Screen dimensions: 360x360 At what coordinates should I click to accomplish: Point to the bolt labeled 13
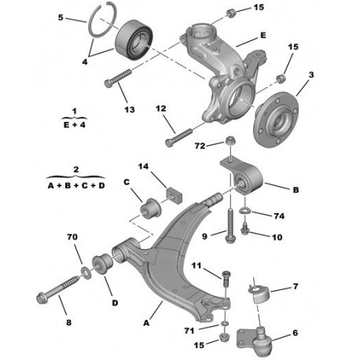coord(117,78)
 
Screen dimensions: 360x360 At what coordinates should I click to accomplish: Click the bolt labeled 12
coord(178,136)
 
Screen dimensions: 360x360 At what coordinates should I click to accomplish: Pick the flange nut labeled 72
coord(230,140)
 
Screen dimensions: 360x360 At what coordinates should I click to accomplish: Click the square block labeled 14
coord(174,195)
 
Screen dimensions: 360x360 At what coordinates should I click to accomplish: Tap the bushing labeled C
coord(151,208)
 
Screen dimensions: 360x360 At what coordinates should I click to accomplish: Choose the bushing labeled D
coord(102,263)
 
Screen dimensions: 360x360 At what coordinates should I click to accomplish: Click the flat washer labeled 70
coord(86,271)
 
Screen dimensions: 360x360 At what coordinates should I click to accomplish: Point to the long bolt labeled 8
coord(57,289)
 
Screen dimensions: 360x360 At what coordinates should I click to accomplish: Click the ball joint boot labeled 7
coord(259,294)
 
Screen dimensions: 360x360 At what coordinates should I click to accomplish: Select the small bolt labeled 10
coord(244,229)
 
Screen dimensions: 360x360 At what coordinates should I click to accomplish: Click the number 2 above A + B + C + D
coord(76,169)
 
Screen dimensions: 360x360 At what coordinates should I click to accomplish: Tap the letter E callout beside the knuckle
coord(263,35)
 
